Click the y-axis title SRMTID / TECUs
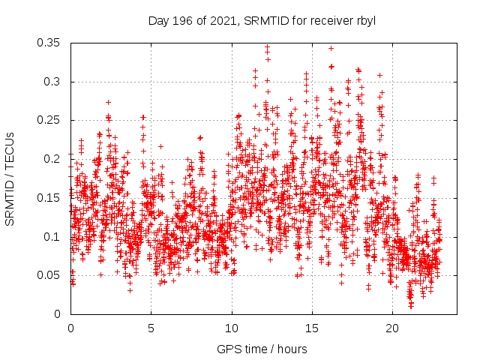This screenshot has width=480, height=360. [x=10, y=178]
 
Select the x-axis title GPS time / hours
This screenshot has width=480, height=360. [x=262, y=349]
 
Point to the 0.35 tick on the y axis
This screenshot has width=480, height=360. [x=50, y=43]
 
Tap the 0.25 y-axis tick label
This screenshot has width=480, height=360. [x=50, y=120]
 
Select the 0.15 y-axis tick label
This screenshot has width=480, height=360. [x=50, y=198]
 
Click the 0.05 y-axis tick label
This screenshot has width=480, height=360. [x=50, y=275]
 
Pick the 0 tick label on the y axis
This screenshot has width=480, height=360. [x=59, y=314]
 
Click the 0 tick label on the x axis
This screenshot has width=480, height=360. [x=70, y=328]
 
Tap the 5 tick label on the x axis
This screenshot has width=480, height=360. [x=151, y=328]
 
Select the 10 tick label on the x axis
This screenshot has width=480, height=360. [x=232, y=328]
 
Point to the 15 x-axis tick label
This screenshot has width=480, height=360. [x=312, y=328]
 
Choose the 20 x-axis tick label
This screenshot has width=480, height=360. [x=392, y=328]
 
